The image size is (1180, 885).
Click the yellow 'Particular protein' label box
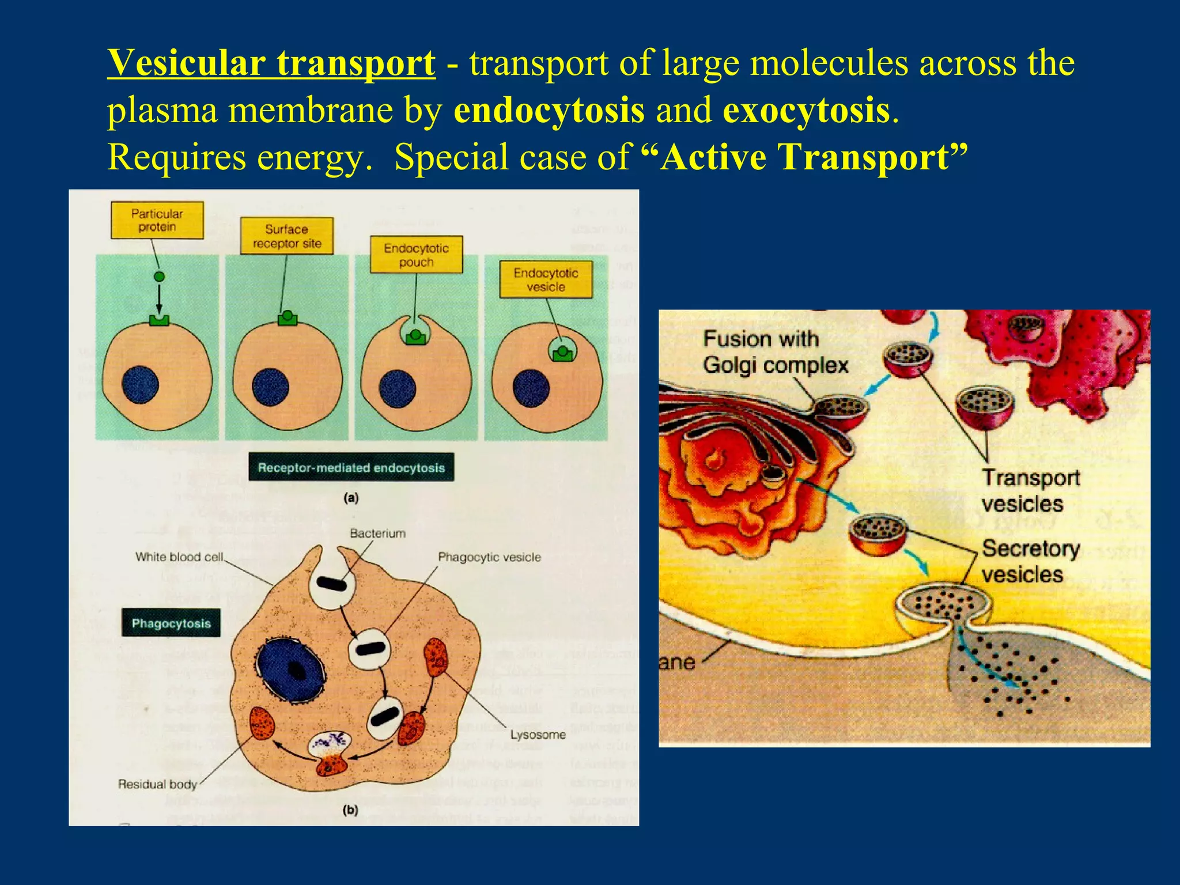tap(157, 220)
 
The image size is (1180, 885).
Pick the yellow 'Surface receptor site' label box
tap(286, 236)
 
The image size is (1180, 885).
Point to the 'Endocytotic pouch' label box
tap(416, 255)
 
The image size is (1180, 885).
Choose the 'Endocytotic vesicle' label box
tap(546, 279)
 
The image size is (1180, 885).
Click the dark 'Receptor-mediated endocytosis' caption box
tap(351, 467)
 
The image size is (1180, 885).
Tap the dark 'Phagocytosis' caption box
tap(171, 623)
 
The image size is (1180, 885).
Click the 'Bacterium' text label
tap(377, 534)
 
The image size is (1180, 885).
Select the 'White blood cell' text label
tap(179, 557)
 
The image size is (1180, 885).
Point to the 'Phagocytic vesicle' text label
tap(489, 557)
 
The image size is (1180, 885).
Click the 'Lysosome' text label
tap(538, 735)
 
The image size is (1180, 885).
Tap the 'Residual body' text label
tap(157, 784)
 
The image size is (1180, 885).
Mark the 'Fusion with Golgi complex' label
tap(775, 352)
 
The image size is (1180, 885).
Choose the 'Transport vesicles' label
tap(1030, 490)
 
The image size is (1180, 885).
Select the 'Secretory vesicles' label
tap(1030, 561)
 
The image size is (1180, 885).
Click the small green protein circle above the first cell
tap(160, 277)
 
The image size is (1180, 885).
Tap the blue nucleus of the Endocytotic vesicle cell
tap(531, 388)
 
